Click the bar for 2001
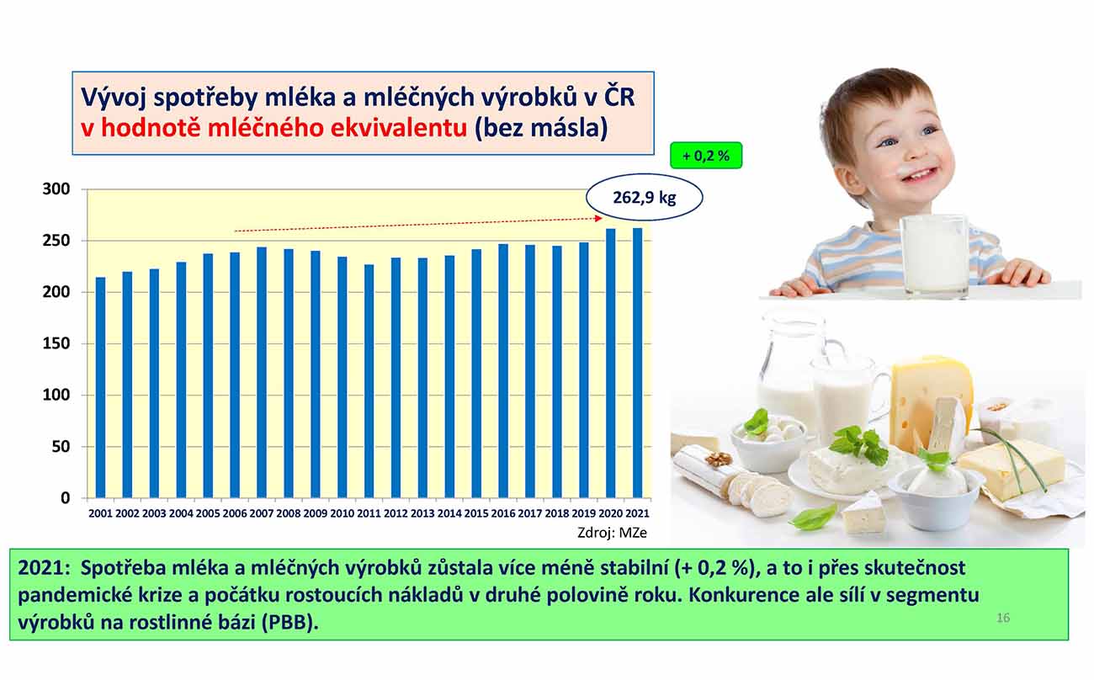pos(100,387)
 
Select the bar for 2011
pos(369,381)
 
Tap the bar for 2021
pos(637,363)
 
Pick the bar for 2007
pos(261,372)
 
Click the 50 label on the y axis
pos(61,447)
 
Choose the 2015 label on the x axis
pos(476,513)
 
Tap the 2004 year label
pos(181,513)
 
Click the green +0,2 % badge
pos(706,156)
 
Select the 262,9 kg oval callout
pos(644,198)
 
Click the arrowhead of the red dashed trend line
pos(598,218)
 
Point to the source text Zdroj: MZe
pos(612,532)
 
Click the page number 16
pos(1003,618)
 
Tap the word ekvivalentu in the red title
pos(399,128)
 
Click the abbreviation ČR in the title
pos(619,96)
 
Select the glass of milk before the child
pos(935,256)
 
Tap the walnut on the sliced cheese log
pos(719,458)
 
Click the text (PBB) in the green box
pos(290,623)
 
